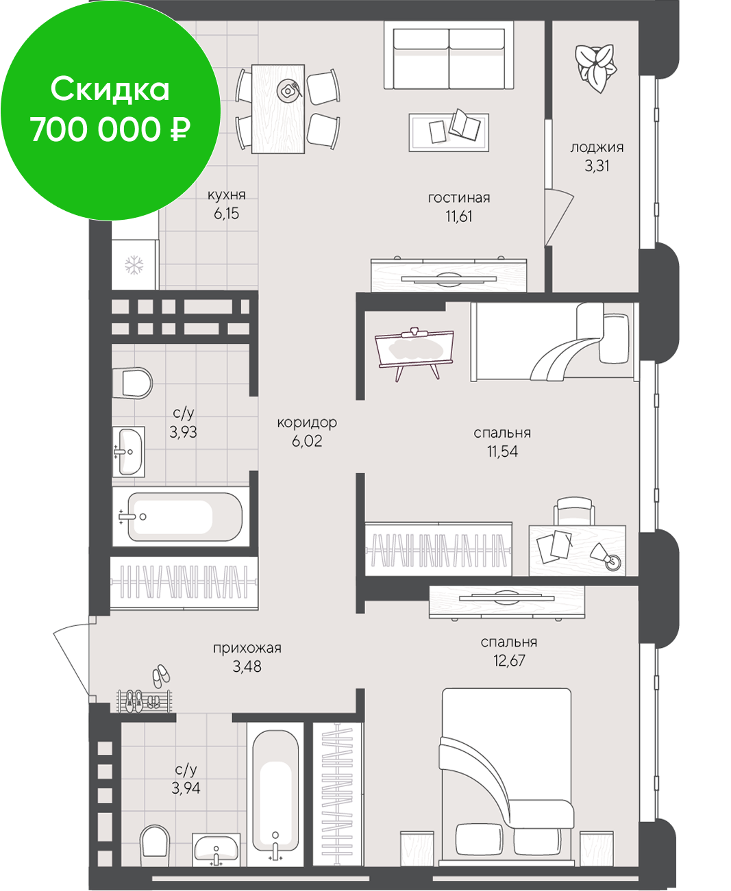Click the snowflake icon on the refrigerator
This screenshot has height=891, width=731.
point(134,265)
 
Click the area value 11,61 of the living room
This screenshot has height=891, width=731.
point(459,216)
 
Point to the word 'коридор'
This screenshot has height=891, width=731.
point(307,423)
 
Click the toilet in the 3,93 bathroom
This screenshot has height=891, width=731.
point(132,383)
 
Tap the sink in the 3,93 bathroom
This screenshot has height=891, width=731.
point(128,451)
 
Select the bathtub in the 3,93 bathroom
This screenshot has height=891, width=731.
point(181,516)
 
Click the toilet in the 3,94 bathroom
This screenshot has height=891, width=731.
point(154,840)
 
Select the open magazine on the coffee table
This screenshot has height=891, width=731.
point(464,125)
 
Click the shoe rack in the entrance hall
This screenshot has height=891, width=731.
point(144,701)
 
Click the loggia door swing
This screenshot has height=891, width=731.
point(559,216)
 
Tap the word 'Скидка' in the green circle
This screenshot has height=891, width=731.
point(110,90)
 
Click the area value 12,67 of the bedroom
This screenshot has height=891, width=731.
point(509,660)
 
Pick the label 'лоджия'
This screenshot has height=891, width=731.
point(597,148)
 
